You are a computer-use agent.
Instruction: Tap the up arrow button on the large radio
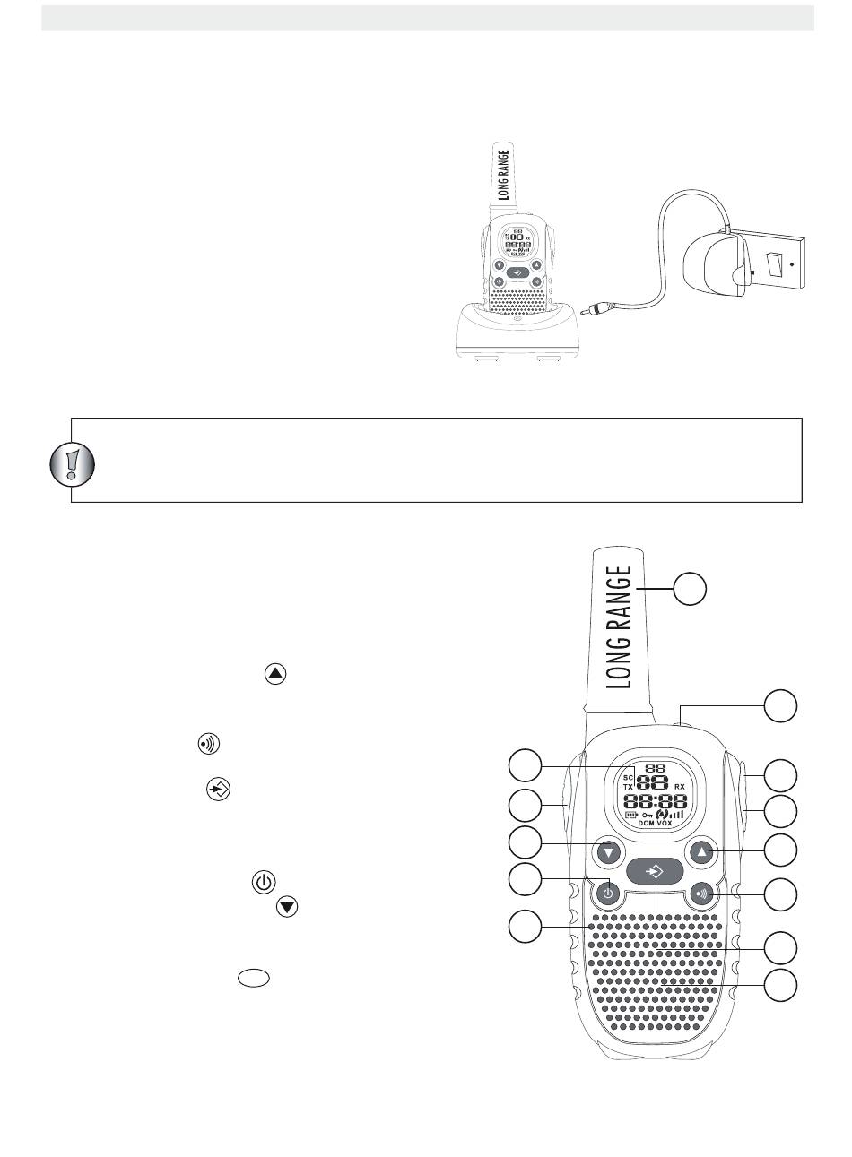[x=702, y=852]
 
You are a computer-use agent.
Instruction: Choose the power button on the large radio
[x=608, y=893]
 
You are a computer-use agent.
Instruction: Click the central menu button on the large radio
[x=655, y=870]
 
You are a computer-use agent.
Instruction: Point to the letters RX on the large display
[x=680, y=786]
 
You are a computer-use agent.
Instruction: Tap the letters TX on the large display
[x=629, y=786]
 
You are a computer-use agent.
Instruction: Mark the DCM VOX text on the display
[x=655, y=822]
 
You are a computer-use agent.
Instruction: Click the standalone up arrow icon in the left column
[x=275, y=674]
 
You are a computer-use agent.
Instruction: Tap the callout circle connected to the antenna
[x=690, y=588]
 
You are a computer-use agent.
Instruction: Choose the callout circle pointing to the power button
[x=526, y=880]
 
